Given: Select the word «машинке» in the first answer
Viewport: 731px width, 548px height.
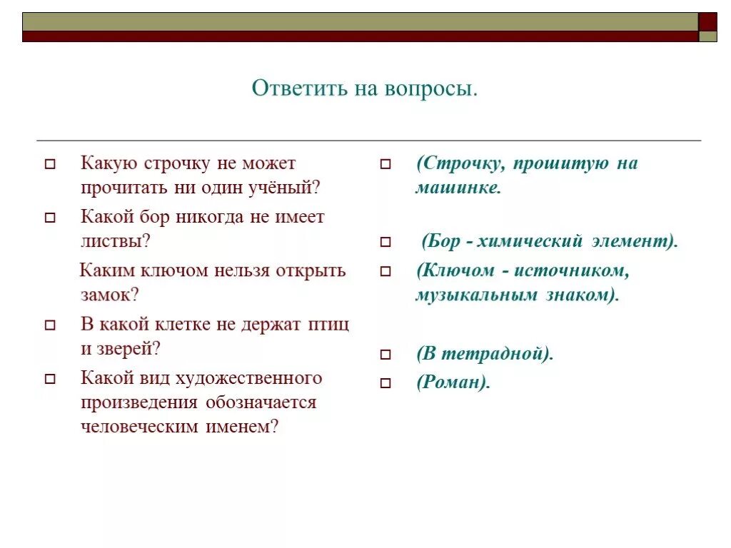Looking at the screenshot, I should [458, 189].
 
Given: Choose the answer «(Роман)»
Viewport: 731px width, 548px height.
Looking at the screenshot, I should [453, 382].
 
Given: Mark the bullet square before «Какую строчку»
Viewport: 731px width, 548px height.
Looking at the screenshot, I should [50, 164].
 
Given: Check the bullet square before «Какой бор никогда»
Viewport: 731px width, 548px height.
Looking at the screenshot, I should [50, 218].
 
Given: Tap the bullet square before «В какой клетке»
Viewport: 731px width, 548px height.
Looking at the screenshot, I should [50, 325].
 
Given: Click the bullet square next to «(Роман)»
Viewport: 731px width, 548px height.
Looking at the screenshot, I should [385, 383].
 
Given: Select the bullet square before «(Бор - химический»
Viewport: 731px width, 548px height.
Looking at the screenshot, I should [385, 243].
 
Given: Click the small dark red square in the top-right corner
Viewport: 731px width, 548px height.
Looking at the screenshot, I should [707, 21].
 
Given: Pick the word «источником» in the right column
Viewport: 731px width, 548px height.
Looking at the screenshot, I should [573, 270].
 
